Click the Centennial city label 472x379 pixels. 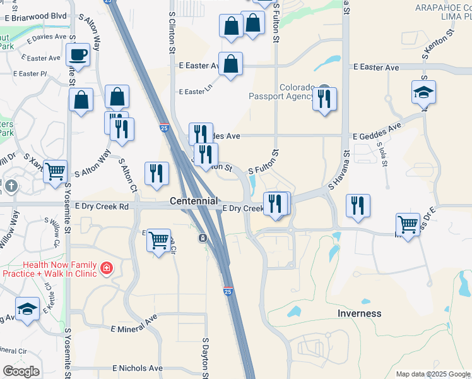(194, 201)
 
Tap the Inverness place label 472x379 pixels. (359, 313)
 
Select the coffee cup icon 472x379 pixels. (78, 55)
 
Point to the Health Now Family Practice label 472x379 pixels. (52, 269)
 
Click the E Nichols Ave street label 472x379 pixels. (137, 368)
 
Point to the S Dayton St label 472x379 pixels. (206, 358)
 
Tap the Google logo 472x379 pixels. (20, 371)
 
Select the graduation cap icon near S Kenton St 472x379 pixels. (423, 92)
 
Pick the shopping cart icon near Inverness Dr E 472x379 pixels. (408, 224)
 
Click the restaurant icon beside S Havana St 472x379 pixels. (357, 205)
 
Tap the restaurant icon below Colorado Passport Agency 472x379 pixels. (324, 99)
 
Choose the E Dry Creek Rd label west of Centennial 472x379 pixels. (101, 207)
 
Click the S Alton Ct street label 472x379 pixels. (128, 175)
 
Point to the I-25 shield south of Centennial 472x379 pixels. (228, 292)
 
